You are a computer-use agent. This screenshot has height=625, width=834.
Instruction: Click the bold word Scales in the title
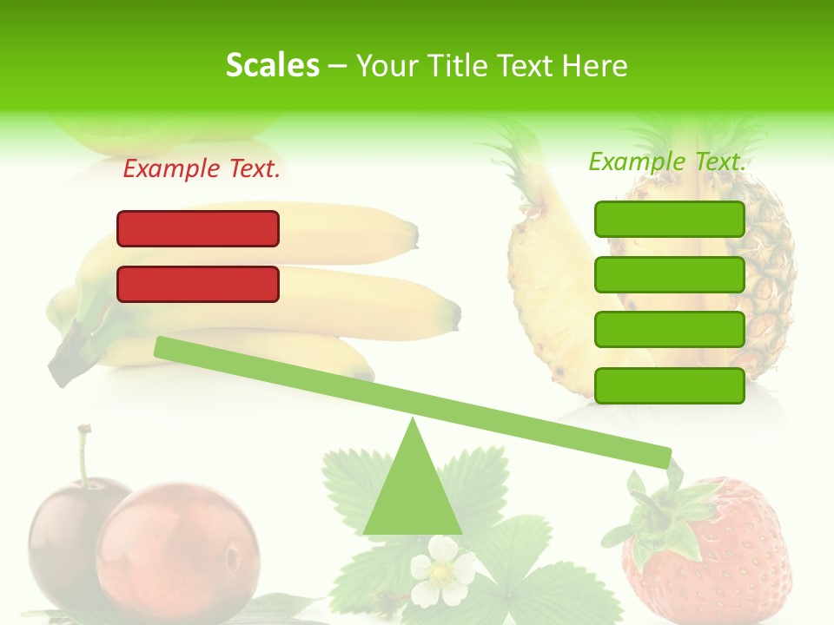coord(272,65)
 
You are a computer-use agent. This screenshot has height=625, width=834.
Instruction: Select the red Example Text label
coord(202,169)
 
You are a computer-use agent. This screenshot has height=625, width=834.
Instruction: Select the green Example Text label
coord(667,161)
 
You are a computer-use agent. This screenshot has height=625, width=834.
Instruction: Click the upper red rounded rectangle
coord(198,228)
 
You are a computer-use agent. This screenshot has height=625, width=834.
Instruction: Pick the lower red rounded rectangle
coord(198,284)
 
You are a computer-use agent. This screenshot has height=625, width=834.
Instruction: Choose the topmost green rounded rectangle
coord(670,219)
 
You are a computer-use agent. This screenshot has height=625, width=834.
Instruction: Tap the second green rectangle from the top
coord(670,274)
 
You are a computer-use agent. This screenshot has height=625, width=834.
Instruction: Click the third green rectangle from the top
coord(670,330)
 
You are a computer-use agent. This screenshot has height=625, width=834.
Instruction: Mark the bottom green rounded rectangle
coord(670,385)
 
